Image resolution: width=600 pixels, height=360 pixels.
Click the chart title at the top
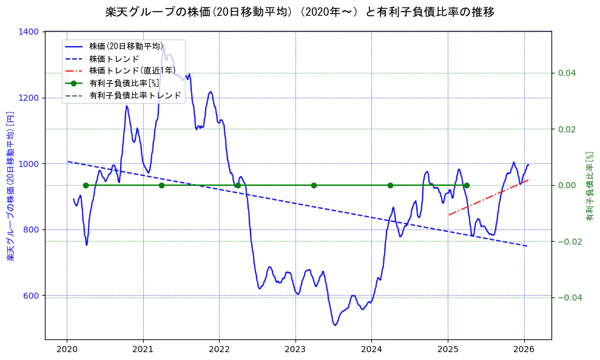(x=300, y=12)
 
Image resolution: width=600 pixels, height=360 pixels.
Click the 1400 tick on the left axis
(x=30, y=32)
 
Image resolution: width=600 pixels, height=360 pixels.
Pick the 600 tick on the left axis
(x=32, y=296)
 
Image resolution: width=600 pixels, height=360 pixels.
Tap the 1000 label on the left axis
(x=30, y=164)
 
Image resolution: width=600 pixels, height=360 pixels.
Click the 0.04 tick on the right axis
(x=566, y=73)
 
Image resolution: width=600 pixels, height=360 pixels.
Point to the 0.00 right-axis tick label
(x=566, y=185)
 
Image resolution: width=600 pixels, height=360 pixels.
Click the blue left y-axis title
(x=10, y=186)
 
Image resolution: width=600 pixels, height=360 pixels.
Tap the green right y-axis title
(x=588, y=186)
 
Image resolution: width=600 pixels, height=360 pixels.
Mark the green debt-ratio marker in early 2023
(x=314, y=185)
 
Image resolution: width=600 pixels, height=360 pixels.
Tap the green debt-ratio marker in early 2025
(x=467, y=185)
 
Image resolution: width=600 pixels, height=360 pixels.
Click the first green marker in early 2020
(x=86, y=185)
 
